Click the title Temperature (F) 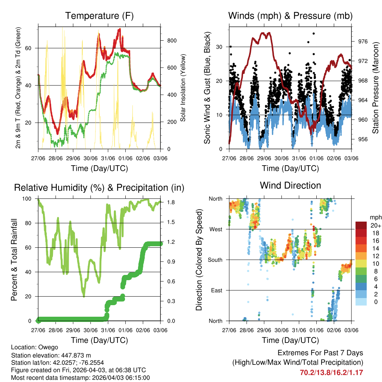tap(99, 16)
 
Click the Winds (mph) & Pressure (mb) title tap(290, 16)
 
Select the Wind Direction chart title tap(290, 185)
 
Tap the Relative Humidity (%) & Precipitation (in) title tap(99, 188)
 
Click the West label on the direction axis tap(216, 229)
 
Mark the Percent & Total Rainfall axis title tap(14, 260)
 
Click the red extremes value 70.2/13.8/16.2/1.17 tap(331, 372)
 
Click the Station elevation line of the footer tap(51, 355)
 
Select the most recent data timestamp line tap(80, 378)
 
